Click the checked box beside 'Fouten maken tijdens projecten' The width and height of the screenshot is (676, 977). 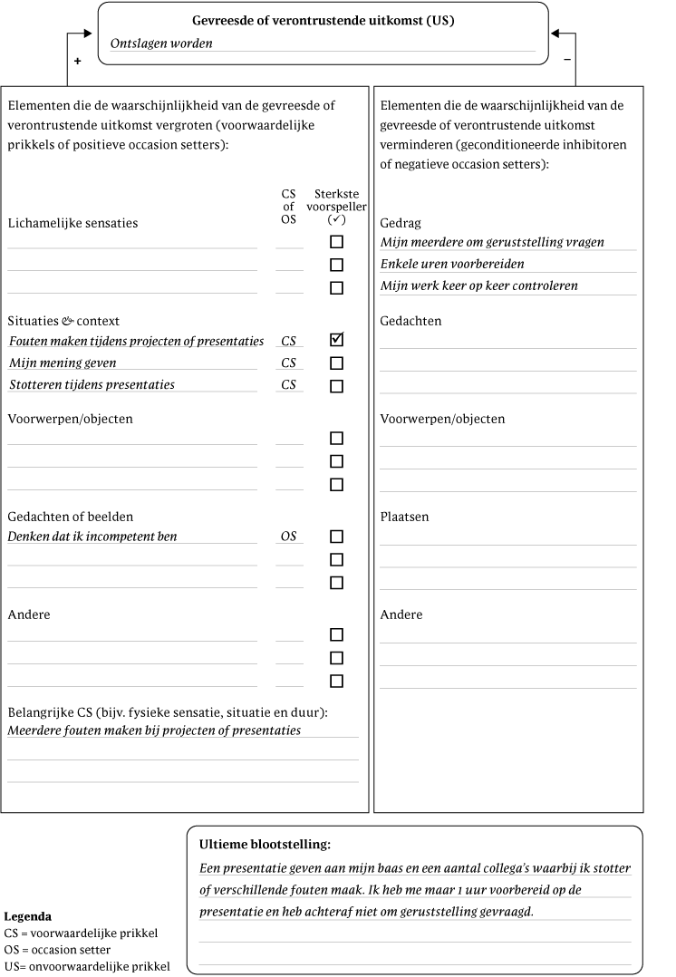pos(337,341)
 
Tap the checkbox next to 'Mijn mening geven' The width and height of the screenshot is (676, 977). pos(337,363)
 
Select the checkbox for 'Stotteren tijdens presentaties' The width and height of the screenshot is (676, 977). pos(337,386)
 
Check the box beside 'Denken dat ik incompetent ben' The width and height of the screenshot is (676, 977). pos(337,537)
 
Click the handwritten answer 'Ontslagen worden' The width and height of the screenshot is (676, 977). pos(161,43)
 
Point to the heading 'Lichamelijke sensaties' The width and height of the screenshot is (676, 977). pos(72,223)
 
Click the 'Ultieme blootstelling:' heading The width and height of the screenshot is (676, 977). pos(265,845)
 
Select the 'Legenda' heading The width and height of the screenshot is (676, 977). pos(27,916)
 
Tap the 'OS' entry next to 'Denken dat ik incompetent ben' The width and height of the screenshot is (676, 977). pos(288,537)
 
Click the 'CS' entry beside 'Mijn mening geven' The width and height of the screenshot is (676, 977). pos(288,363)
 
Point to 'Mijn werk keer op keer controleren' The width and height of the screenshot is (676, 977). pos(478,286)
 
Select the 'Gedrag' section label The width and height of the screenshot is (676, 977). pos(401,223)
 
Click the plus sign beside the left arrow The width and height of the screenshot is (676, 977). pos(77,61)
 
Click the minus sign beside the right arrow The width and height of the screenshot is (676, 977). pos(567,60)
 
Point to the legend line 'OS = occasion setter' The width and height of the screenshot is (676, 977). pos(57,949)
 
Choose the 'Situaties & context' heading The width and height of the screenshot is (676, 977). pos(63,321)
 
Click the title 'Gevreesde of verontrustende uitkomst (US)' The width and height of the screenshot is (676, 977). pos(323,20)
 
